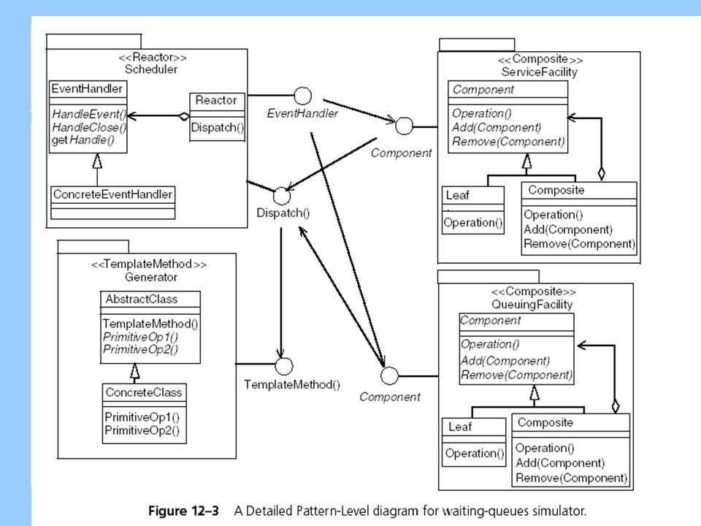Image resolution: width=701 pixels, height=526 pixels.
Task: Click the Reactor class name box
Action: click(x=217, y=101)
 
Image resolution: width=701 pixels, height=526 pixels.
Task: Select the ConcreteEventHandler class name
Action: click(x=112, y=194)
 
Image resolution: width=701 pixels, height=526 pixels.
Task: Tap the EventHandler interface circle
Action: click(x=302, y=96)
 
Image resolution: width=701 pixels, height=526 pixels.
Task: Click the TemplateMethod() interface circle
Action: click(x=284, y=366)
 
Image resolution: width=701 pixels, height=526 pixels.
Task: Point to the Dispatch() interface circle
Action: click(x=282, y=196)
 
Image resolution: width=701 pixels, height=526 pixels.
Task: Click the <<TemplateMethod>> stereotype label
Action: click(x=149, y=264)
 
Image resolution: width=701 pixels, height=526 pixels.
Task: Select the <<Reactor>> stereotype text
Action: click(x=153, y=57)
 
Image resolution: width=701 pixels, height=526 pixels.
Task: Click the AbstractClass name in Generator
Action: click(x=141, y=300)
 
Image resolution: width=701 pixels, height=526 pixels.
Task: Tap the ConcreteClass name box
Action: click(x=144, y=393)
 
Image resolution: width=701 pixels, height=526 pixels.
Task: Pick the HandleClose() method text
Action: click(x=89, y=127)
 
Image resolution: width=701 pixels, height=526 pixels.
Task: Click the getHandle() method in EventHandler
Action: click(x=83, y=140)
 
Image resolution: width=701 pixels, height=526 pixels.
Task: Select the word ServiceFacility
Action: click(x=539, y=72)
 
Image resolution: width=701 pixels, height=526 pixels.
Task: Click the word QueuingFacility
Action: click(x=532, y=305)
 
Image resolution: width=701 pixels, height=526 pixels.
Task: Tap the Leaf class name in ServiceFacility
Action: click(x=457, y=196)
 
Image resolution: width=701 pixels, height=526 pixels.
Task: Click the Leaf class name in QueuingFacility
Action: click(x=460, y=427)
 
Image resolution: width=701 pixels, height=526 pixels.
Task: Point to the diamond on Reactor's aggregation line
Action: click(x=184, y=116)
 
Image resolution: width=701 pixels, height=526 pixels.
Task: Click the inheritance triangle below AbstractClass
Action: click(x=134, y=370)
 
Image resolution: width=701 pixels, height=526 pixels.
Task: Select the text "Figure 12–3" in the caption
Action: click(x=184, y=511)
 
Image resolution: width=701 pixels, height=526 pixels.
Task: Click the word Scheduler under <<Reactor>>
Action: click(x=151, y=69)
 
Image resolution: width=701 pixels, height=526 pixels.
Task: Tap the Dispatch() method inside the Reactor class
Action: click(x=218, y=128)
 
